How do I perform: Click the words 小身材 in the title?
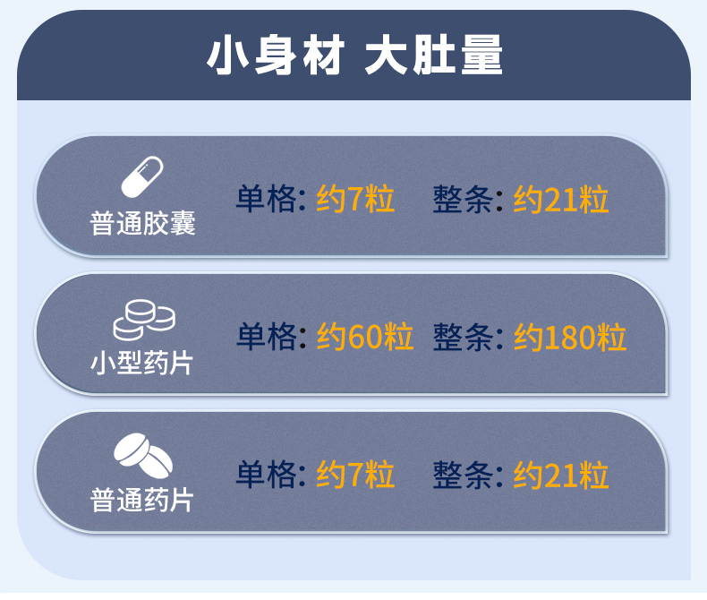pos(275,56)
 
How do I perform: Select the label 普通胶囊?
pos(143,223)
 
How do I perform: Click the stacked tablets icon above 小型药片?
pos(143,318)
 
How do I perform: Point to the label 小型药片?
pos(143,363)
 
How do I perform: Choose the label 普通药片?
pos(143,500)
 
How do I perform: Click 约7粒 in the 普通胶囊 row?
pos(355,199)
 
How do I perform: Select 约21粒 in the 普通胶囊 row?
pos(561,199)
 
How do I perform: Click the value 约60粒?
pos(365,337)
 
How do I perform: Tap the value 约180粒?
pos(570,337)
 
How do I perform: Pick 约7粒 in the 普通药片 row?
pos(355,474)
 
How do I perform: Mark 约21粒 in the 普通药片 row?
pos(561,474)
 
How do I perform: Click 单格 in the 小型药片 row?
pos(266,337)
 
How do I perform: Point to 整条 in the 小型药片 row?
pos(463,337)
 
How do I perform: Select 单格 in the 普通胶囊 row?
pos(266,199)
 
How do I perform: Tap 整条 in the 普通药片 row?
pos(463,474)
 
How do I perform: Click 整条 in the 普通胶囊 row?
pos(463,199)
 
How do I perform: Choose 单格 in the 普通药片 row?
pos(266,474)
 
